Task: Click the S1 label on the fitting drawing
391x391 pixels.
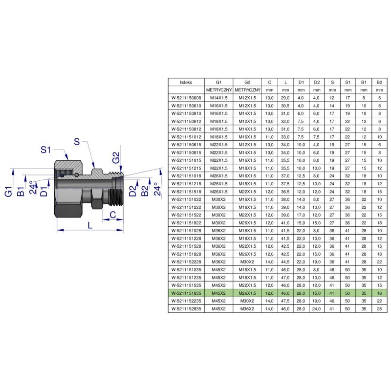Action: click(45, 150)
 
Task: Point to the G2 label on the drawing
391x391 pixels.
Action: click(116, 158)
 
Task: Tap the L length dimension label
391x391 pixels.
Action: click(90, 225)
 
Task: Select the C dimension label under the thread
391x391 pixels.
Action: click(113, 215)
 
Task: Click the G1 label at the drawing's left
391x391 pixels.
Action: click(8, 191)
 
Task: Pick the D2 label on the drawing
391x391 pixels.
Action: click(133, 191)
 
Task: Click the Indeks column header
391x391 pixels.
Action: click(186, 82)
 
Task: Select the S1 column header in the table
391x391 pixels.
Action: click(348, 82)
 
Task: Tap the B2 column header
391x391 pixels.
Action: click(380, 82)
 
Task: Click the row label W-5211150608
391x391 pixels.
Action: click(186, 98)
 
